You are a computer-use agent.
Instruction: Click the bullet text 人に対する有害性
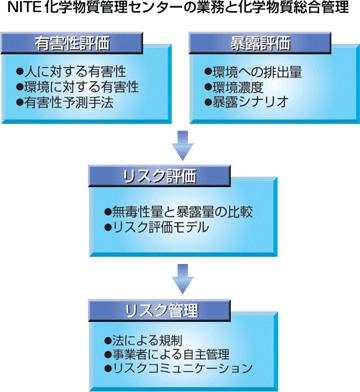71,73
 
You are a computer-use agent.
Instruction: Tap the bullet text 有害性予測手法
71,102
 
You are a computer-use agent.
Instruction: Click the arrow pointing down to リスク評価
180,145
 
